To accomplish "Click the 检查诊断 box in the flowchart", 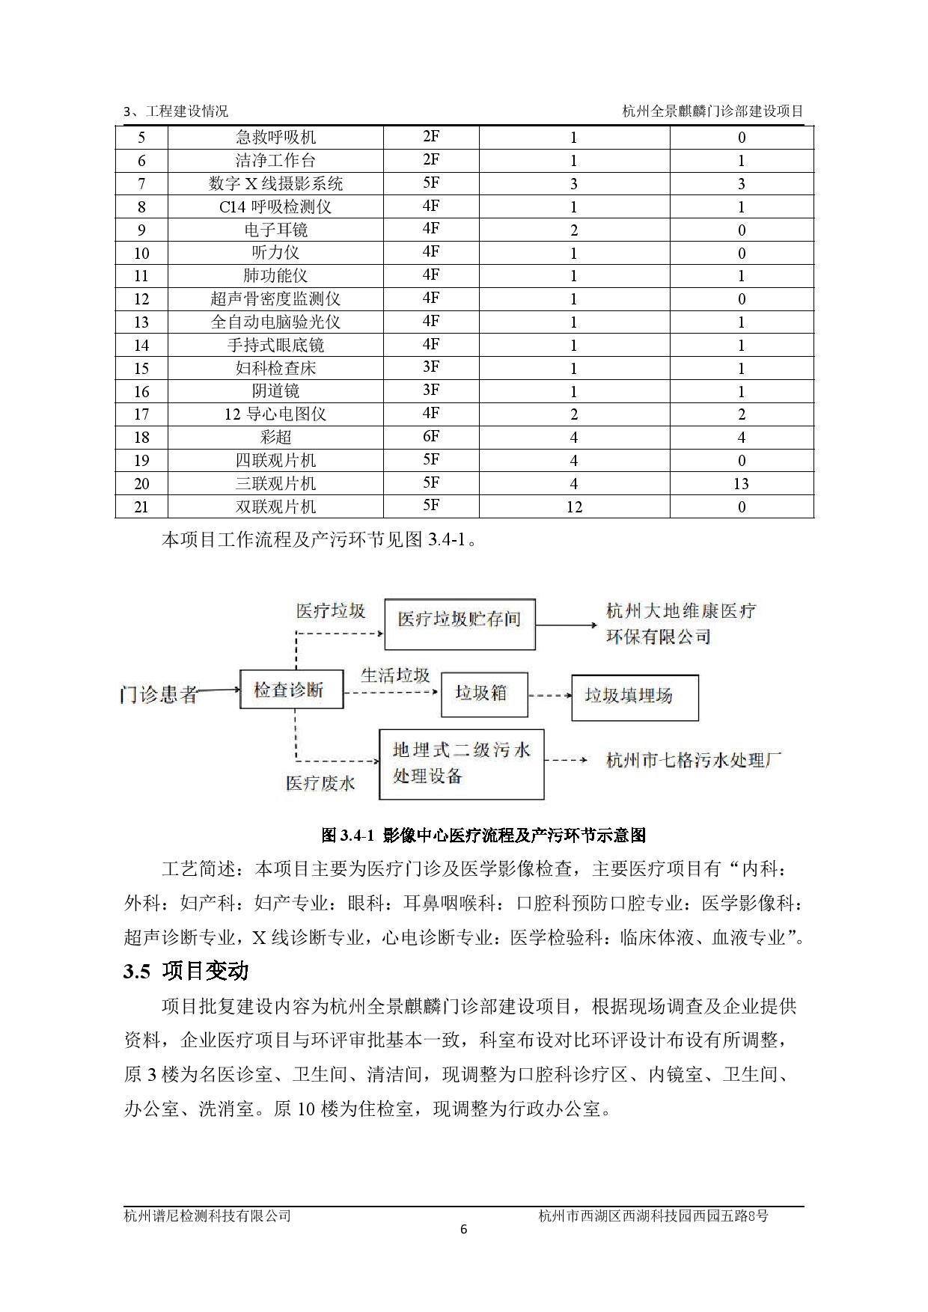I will (291, 690).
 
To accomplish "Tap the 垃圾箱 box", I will (483, 694).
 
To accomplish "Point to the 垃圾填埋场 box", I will (635, 697).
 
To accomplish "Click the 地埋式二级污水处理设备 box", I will (461, 764).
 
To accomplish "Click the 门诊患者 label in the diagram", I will (158, 695).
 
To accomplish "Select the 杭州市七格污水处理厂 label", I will (694, 761).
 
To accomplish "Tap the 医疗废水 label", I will (320, 783).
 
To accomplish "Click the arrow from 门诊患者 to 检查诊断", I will (219, 691).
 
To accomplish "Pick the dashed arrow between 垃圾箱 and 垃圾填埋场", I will (549, 696).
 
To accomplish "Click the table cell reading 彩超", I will (275, 438).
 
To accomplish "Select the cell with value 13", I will (741, 484).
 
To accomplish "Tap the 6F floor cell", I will (430, 437).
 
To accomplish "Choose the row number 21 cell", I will (141, 507).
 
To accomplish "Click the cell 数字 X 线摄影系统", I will (275, 184).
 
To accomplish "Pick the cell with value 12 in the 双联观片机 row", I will (574, 507).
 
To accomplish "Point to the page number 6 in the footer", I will (463, 1230).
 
